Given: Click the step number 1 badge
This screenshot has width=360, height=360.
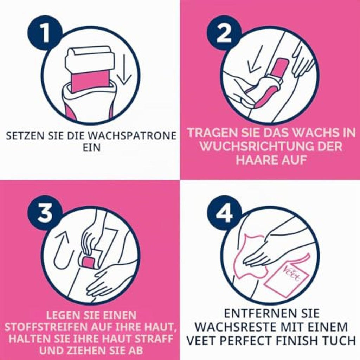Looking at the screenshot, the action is [45, 33].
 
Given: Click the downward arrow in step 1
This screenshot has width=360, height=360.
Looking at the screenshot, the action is [124, 69].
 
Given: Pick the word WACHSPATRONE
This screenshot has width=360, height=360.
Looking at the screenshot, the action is [132, 135].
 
